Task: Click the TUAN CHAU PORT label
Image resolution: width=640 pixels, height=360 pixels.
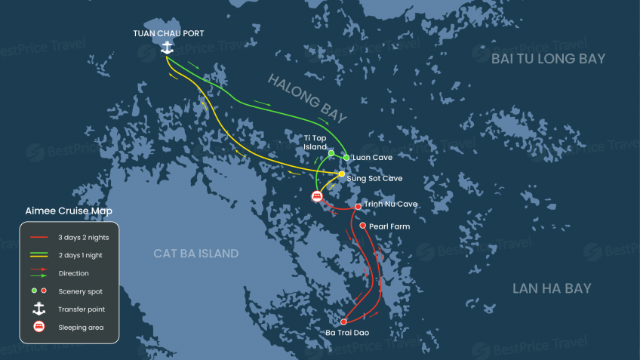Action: point(168,33)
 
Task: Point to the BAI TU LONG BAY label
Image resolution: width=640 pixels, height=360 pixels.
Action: point(548,59)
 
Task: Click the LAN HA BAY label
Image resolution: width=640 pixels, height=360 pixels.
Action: point(552,288)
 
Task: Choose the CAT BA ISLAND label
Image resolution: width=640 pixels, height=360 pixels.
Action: point(195,254)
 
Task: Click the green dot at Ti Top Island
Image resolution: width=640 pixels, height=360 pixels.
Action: point(331,153)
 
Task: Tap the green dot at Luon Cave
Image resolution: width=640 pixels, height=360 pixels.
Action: point(346,158)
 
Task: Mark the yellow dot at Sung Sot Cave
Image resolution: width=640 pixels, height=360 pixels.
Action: point(341,174)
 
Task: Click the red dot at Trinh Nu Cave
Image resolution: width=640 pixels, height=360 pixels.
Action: point(358,207)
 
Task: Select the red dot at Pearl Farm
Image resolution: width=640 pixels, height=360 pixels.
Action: point(363,226)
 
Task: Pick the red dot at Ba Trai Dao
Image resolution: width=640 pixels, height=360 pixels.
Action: point(343,322)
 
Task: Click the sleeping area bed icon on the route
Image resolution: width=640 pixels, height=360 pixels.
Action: point(318,196)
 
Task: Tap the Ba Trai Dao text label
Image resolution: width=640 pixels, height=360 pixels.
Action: point(348,333)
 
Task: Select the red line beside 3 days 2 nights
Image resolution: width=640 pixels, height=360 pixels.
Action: point(39,238)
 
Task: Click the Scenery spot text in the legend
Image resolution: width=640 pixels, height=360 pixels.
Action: point(80,291)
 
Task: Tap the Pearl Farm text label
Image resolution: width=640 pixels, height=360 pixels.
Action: point(389,226)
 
